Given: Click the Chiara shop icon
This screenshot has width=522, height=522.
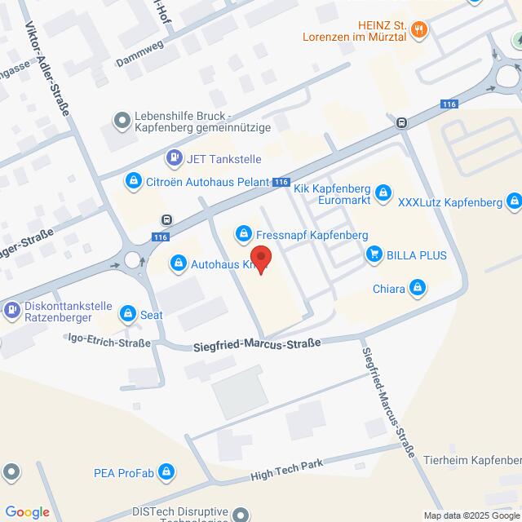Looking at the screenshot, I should pyautogui.click(x=418, y=287).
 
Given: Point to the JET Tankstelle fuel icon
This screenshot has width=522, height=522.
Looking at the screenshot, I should pyautogui.click(x=174, y=157).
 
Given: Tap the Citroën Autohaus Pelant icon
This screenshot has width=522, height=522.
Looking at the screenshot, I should pyautogui.click(x=133, y=180).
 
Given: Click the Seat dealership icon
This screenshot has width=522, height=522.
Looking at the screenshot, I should pyautogui.click(x=128, y=313).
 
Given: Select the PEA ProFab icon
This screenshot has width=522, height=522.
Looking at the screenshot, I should pyautogui.click(x=166, y=472).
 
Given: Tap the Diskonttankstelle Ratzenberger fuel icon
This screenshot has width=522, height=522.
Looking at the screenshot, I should pyautogui.click(x=12, y=310).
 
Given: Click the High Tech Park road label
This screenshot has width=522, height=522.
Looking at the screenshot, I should pyautogui.click(x=286, y=468).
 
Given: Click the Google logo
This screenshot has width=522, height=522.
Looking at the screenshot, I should pyautogui.click(x=26, y=511).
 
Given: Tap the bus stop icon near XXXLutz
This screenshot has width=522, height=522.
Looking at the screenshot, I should pyautogui.click(x=401, y=122).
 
